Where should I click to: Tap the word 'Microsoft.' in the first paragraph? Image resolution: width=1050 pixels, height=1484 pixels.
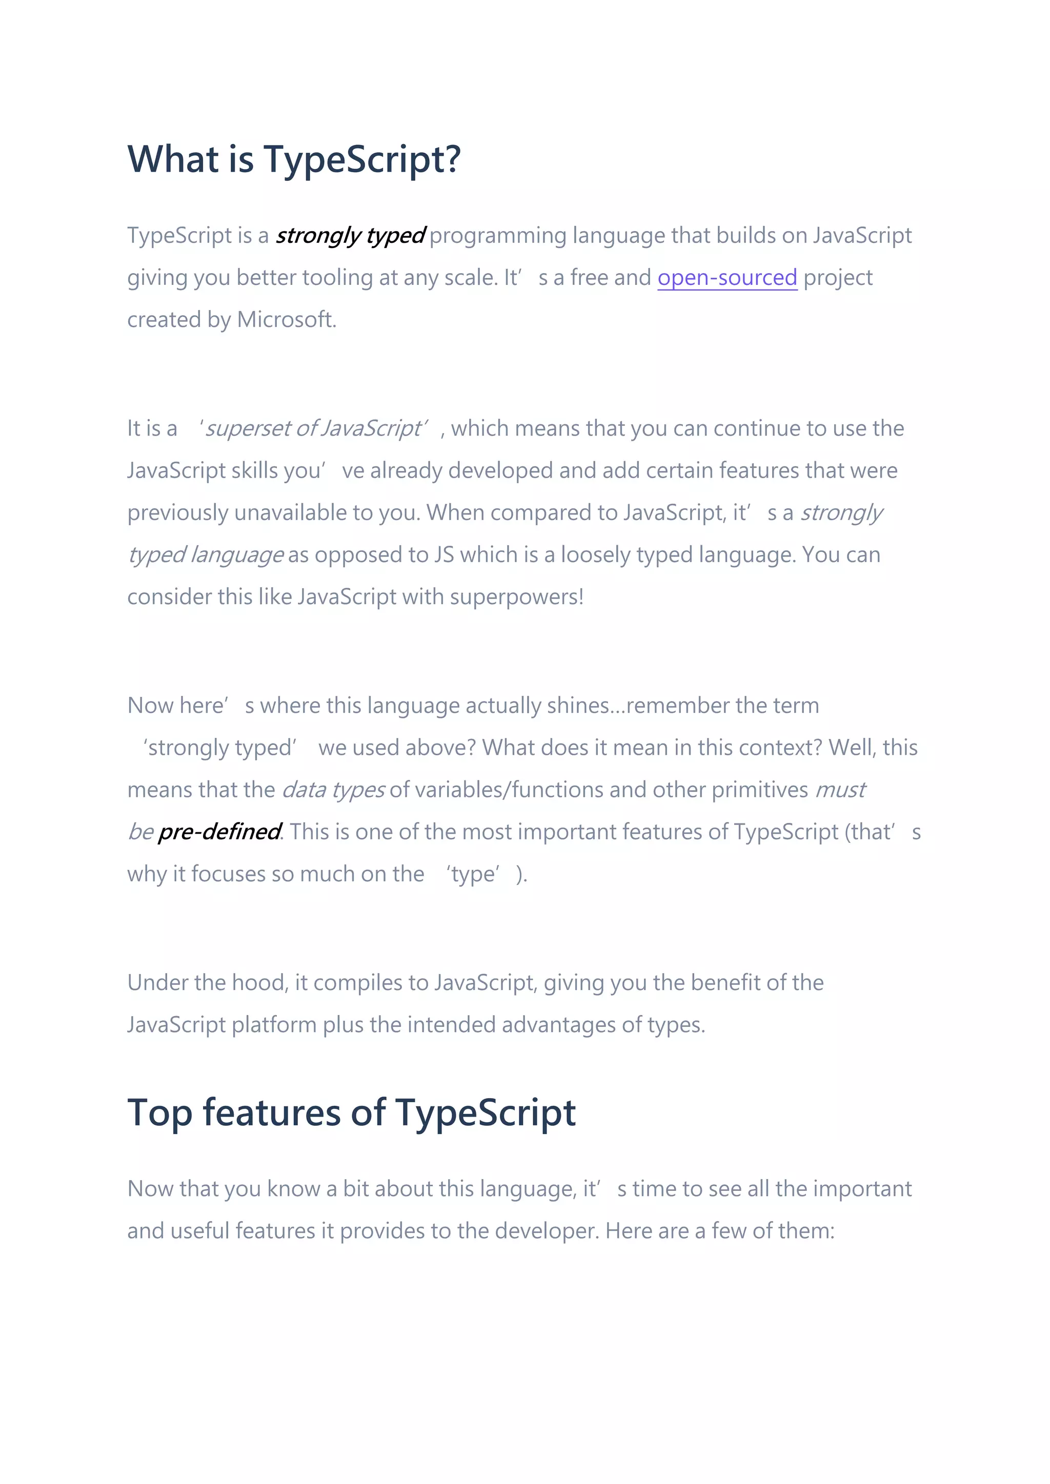287,320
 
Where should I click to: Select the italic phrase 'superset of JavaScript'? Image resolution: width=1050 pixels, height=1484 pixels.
313,428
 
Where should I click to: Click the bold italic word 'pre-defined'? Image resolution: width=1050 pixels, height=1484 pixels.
218,832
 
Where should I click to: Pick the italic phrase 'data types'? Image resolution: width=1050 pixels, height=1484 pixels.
333,790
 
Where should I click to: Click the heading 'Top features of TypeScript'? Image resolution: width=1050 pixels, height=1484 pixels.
351,1112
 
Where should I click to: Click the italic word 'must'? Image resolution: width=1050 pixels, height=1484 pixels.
839,790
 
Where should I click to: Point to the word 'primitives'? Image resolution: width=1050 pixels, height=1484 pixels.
760,790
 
